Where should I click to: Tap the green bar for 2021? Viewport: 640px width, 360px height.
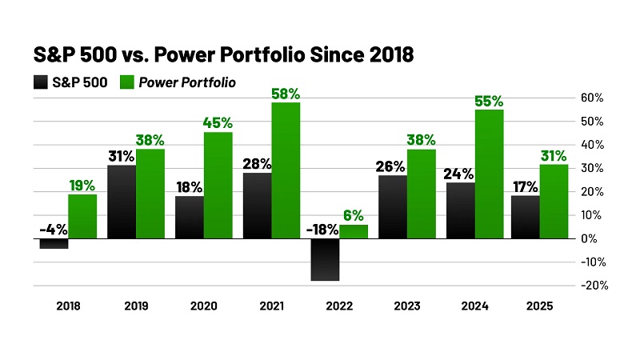(285, 170)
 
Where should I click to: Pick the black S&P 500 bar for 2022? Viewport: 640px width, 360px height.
(324, 259)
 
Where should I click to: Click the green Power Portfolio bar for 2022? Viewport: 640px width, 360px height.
(353, 231)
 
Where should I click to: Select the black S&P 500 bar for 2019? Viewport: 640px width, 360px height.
(121, 202)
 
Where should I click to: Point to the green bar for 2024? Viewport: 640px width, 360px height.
(489, 174)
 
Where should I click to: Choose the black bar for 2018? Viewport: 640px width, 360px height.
(54, 243)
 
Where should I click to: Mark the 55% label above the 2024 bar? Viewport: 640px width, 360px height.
(489, 101)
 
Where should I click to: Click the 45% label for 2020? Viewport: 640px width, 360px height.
(217, 123)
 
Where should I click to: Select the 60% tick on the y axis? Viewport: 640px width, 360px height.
(593, 98)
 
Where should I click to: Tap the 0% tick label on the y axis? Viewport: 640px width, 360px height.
(588, 238)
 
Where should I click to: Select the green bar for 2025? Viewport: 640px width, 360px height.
(554, 201)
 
